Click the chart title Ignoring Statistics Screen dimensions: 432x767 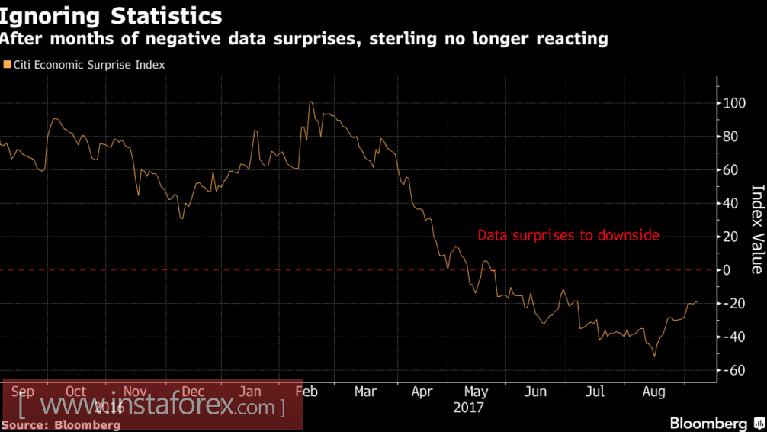pos(112,15)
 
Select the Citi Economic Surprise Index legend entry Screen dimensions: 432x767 pos(89,65)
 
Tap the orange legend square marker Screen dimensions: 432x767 pos(7,65)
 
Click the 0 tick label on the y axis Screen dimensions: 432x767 pos(727,270)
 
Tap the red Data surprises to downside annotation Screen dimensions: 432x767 pos(568,236)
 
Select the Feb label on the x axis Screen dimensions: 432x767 pos(306,392)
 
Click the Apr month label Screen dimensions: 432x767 pos(422,392)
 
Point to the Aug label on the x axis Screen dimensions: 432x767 pos(653,392)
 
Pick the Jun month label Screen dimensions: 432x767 pos(536,392)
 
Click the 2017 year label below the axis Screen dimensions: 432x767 pos(468,408)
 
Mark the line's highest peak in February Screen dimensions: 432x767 pos(310,102)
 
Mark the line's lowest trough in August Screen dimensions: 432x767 pos(654,356)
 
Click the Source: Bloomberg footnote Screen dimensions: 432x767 pos(61,424)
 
